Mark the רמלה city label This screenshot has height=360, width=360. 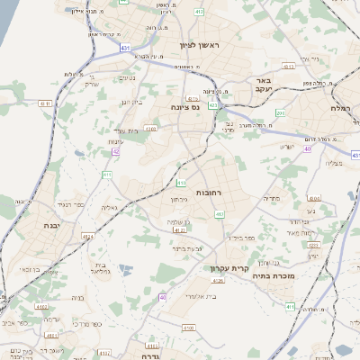pos(346,107)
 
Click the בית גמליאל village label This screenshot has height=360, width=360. pos(100,267)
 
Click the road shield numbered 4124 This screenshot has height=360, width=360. pos(88,236)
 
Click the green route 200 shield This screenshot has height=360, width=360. pos(180,166)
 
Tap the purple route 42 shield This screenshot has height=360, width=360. pos(116,151)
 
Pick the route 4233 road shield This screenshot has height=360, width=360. pos(312,245)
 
